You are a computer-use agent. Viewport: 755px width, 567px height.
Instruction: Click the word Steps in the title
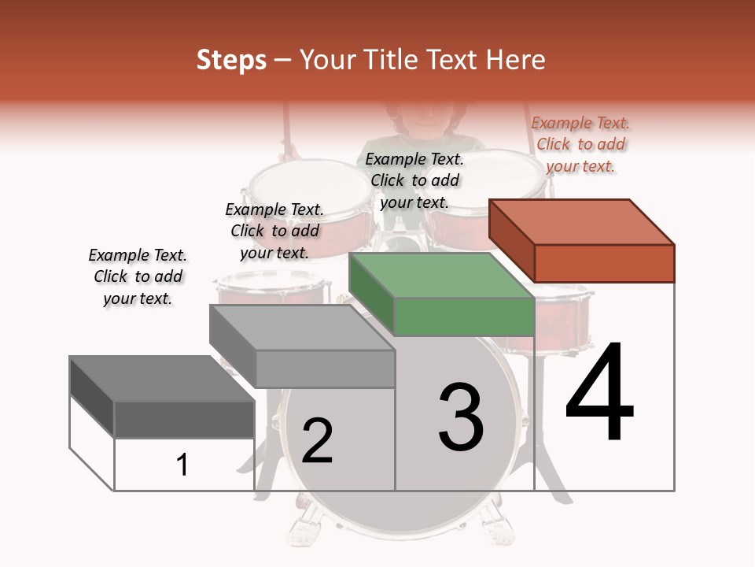[x=231, y=60]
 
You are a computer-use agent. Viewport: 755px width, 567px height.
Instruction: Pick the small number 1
[x=182, y=465]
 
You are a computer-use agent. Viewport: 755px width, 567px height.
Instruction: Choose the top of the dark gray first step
[x=162, y=379]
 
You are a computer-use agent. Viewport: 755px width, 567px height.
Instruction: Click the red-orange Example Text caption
[x=580, y=144]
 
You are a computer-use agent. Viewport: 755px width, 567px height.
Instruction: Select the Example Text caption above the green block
[x=414, y=180]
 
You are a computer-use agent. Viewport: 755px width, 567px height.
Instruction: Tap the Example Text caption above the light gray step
[x=274, y=231]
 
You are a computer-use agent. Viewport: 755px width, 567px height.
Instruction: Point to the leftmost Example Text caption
[x=138, y=276]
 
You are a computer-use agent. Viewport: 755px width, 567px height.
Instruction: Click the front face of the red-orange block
[x=604, y=263]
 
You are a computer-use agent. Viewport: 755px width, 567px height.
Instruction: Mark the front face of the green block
[x=464, y=317]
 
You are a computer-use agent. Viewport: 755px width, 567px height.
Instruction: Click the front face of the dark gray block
[x=184, y=420]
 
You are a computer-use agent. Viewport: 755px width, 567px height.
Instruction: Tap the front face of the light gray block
[x=324, y=369]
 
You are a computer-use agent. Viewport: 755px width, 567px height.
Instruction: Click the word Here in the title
[x=515, y=60]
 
